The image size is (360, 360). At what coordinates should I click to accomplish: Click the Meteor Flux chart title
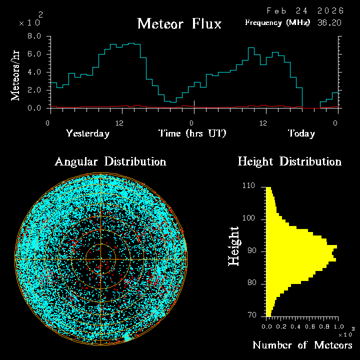point(179,23)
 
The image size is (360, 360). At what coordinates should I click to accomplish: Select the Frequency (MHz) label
point(277,22)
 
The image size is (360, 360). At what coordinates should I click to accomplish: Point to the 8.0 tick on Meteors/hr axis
point(34,36)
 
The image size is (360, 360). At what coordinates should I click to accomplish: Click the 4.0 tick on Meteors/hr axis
point(34,72)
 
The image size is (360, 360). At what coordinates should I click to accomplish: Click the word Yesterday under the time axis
point(87,133)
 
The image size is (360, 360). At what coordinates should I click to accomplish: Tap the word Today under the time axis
point(301,133)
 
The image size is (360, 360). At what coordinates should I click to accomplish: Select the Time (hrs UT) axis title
point(192,133)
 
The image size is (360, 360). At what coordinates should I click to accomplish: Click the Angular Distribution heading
point(110,161)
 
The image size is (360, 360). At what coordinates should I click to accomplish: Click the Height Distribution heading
point(289,161)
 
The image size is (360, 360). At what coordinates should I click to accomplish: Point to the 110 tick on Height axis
point(249,185)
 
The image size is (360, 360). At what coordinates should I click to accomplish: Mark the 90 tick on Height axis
point(251,250)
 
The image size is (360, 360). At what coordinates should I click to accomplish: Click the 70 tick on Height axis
point(251,315)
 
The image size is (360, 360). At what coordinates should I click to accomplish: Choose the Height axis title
point(234,246)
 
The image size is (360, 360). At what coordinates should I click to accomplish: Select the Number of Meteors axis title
point(302,345)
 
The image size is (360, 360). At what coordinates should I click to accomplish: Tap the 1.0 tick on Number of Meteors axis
point(335,325)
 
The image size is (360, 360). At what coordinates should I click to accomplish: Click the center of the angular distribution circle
point(101,259)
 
